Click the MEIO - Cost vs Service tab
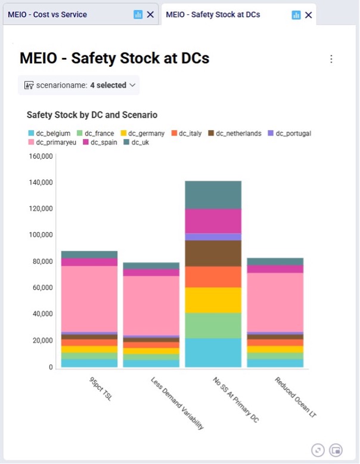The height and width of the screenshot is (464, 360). (47, 14)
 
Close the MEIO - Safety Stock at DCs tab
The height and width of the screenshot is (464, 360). (308, 15)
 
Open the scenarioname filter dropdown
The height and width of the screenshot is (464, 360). (79, 85)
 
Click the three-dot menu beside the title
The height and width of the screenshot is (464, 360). (331, 59)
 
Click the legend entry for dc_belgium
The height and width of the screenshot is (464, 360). (49, 134)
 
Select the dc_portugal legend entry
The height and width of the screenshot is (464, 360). (290, 134)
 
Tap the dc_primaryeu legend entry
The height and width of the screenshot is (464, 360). (52, 143)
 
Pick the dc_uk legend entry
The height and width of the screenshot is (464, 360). (136, 143)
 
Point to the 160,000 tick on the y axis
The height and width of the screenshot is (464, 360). (41, 156)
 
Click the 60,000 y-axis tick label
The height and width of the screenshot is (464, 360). (42, 287)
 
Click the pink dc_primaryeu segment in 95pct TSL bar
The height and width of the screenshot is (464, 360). (89, 299)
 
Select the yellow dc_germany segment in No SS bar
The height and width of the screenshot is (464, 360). (213, 300)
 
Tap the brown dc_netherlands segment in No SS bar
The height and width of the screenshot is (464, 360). (213, 253)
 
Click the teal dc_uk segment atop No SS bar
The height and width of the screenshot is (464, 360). (213, 195)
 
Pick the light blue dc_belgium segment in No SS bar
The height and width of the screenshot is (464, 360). (213, 352)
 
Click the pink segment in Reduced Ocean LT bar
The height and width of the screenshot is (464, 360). (275, 302)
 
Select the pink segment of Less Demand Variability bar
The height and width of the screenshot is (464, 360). (151, 306)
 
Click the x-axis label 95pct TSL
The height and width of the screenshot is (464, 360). (101, 389)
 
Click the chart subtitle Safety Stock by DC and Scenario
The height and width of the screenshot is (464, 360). (92, 115)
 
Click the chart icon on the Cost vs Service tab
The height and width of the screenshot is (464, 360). (138, 14)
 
